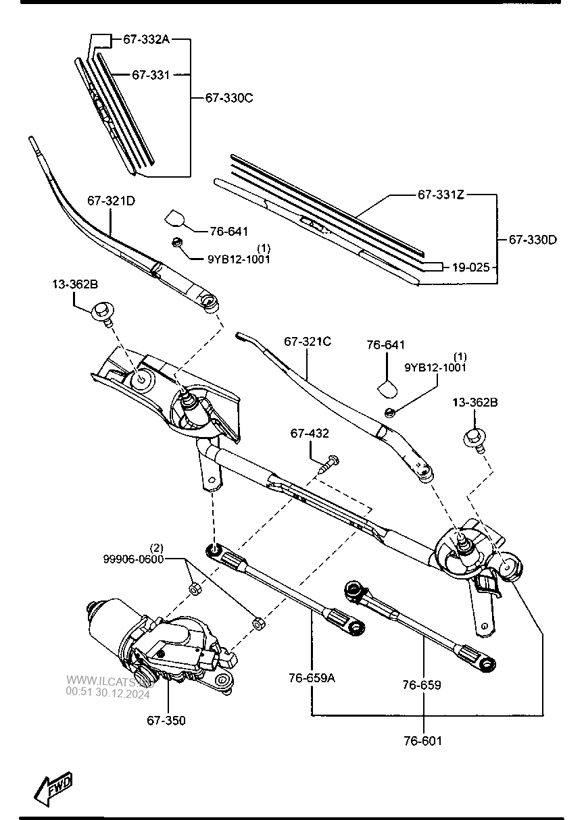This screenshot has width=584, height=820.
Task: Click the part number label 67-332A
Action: point(145,40)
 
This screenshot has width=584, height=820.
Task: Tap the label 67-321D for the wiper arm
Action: point(111,201)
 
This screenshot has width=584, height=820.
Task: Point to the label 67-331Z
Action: point(440,195)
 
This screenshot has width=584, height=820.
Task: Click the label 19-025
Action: point(471,267)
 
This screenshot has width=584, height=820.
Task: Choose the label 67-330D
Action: point(533,239)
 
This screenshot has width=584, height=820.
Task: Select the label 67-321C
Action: point(308,342)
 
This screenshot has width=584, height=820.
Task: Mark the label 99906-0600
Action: point(133,559)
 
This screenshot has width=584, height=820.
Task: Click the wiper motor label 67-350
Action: point(166,721)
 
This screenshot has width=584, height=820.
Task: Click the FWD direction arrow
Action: point(53,788)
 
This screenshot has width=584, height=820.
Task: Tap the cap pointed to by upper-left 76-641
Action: point(174,218)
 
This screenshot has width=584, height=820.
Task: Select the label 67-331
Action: point(150,75)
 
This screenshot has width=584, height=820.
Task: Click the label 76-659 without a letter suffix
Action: point(422,685)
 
